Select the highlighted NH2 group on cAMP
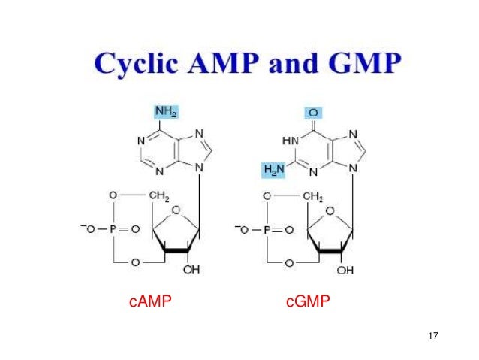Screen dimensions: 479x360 [x=165, y=111]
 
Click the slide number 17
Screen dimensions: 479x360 [x=431, y=334]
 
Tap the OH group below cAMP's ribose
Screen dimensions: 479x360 [x=192, y=270]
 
